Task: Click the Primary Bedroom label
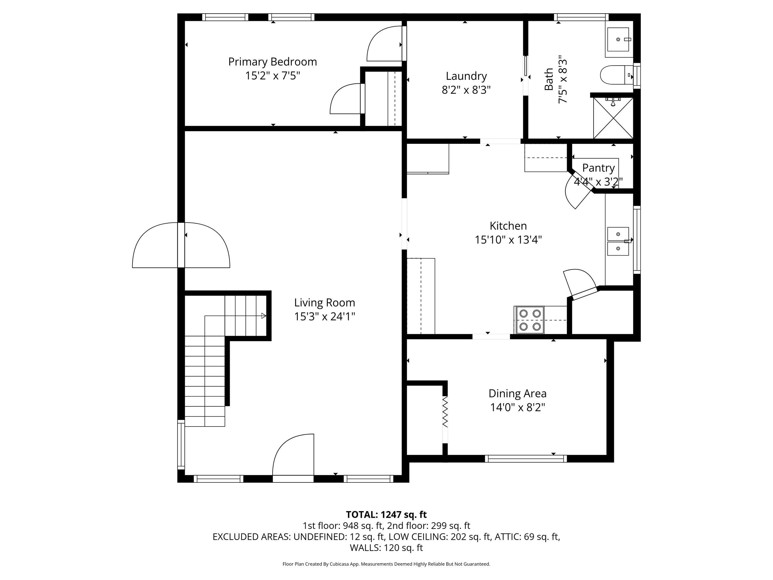point(273,62)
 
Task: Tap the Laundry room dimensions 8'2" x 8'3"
point(466,90)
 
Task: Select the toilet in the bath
point(617,75)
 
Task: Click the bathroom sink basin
point(619,40)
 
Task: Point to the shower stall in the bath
point(613,118)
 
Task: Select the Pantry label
point(598,168)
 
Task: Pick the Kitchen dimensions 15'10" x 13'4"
point(508,240)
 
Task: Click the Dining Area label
point(517,393)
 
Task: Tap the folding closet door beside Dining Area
point(445,411)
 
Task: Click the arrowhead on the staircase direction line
point(264,316)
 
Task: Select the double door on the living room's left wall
point(181,245)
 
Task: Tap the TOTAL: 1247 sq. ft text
point(386,515)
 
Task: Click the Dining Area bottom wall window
point(526,459)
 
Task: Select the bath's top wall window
point(581,17)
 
